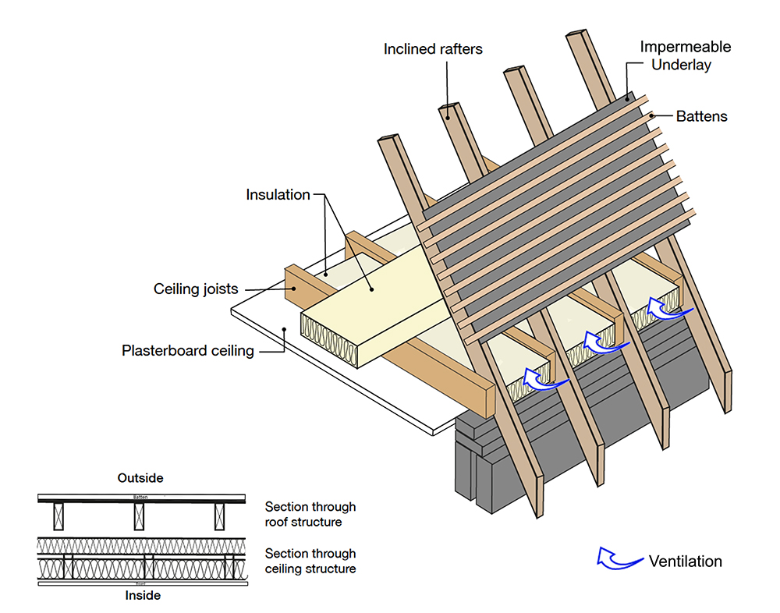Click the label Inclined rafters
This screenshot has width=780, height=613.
pyautogui.click(x=433, y=49)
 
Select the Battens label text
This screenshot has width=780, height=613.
pyautogui.click(x=701, y=116)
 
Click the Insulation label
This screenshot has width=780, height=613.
pyautogui.click(x=278, y=194)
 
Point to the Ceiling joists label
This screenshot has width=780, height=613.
pyautogui.click(x=196, y=289)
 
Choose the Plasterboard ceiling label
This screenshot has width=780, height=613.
pyautogui.click(x=188, y=350)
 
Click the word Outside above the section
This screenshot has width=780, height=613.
pyautogui.click(x=140, y=477)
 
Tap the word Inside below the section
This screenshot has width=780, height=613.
pyautogui.click(x=143, y=596)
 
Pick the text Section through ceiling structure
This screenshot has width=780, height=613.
pyautogui.click(x=310, y=561)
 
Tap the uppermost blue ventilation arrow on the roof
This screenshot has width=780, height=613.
pyautogui.click(x=669, y=311)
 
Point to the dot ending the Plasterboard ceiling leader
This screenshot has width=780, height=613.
pyautogui.click(x=285, y=329)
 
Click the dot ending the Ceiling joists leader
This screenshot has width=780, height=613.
pyautogui.click(x=295, y=288)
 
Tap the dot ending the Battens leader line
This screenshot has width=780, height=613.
pyautogui.click(x=650, y=115)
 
